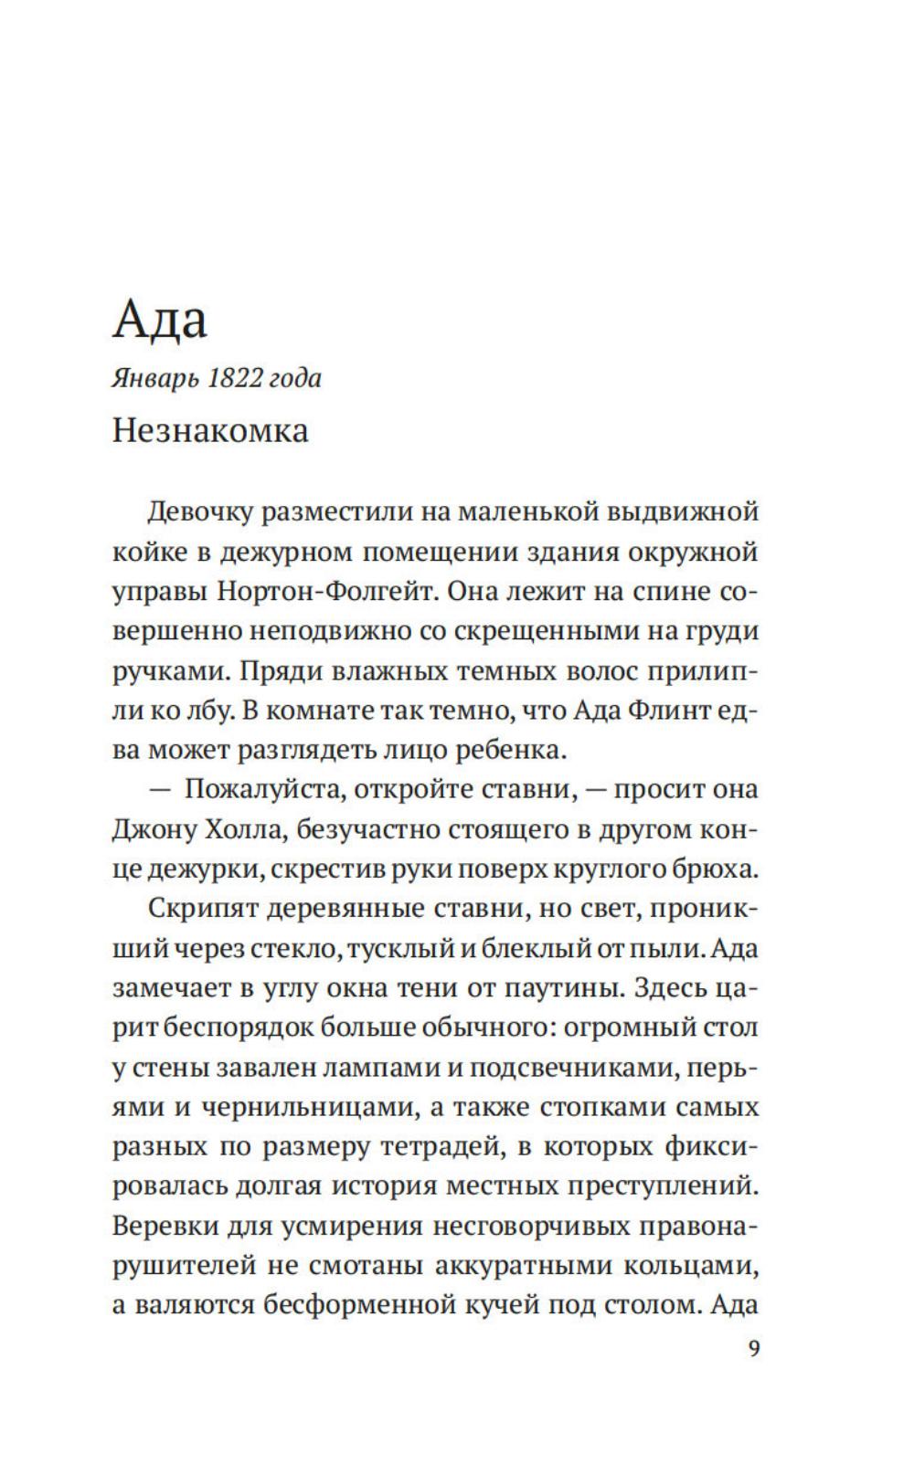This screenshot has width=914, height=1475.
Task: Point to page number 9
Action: tap(753, 1348)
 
